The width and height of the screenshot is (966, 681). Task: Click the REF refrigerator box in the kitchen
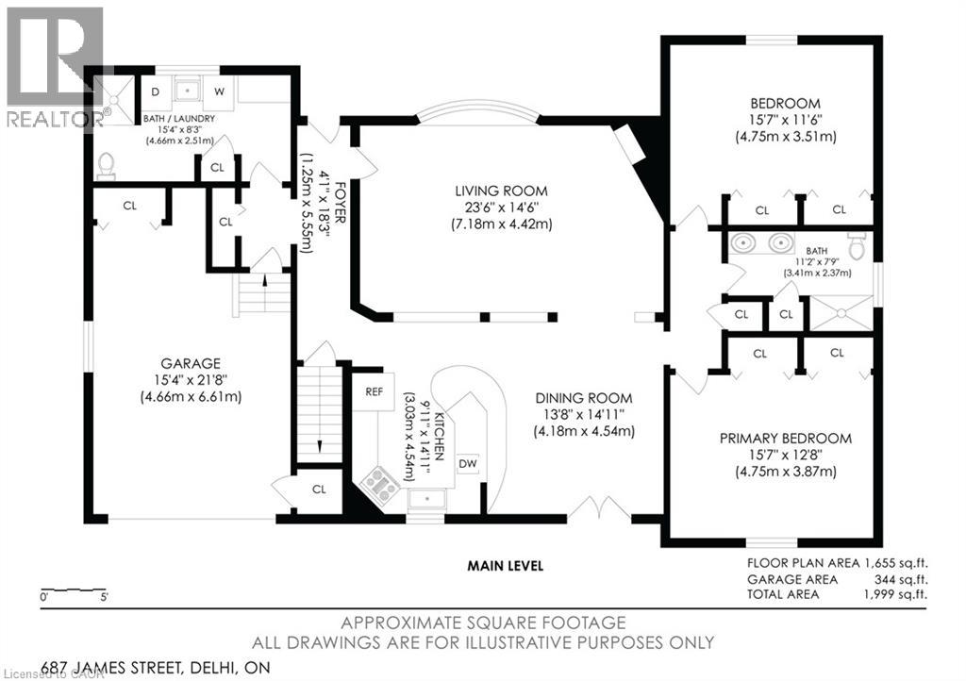click(374, 392)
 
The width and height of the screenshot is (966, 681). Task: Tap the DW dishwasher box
click(468, 464)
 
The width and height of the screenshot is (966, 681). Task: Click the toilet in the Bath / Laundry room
click(107, 166)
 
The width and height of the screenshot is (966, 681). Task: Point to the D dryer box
click(156, 91)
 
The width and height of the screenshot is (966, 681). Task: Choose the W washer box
click(219, 91)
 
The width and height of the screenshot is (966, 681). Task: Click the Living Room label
click(501, 191)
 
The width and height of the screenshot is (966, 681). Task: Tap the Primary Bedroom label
click(786, 439)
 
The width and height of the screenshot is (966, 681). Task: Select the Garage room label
click(191, 364)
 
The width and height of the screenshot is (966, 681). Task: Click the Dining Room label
click(583, 398)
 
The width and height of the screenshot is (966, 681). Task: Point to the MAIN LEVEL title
click(506, 565)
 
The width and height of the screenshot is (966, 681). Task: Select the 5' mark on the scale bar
click(103, 597)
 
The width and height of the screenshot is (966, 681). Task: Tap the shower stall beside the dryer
click(115, 99)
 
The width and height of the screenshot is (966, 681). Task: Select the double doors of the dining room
click(598, 508)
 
